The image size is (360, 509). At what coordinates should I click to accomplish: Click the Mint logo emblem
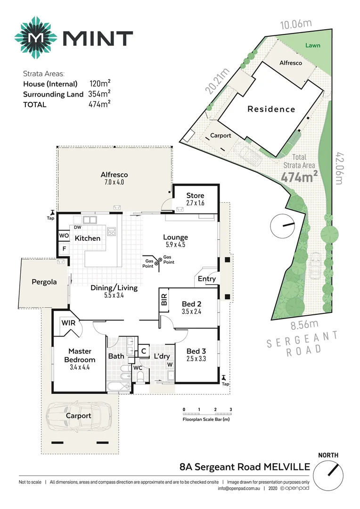click(35, 38)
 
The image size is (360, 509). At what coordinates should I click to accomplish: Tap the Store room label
click(195, 196)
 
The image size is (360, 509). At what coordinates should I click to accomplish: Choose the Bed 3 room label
click(196, 351)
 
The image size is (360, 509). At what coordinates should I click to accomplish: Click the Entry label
click(207, 279)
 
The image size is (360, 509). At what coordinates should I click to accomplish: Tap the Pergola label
click(44, 282)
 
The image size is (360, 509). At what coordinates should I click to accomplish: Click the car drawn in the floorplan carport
click(78, 416)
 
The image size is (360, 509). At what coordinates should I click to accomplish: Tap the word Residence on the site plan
click(271, 109)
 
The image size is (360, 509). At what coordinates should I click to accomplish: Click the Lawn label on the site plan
click(312, 46)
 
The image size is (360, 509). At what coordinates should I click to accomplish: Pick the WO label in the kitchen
click(64, 236)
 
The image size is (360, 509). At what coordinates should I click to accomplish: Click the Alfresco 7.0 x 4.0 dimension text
click(114, 182)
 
